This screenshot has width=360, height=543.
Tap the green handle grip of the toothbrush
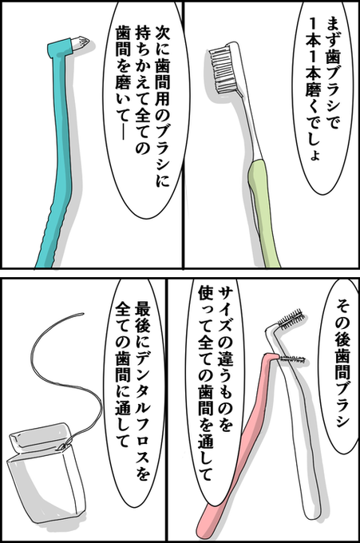tap(263, 212)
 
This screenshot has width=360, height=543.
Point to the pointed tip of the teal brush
tap(89, 42)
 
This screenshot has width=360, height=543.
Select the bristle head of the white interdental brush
tap(291, 319)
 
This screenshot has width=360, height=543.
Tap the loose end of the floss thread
tap(82, 314)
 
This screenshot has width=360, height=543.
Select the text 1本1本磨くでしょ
tap(313, 90)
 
